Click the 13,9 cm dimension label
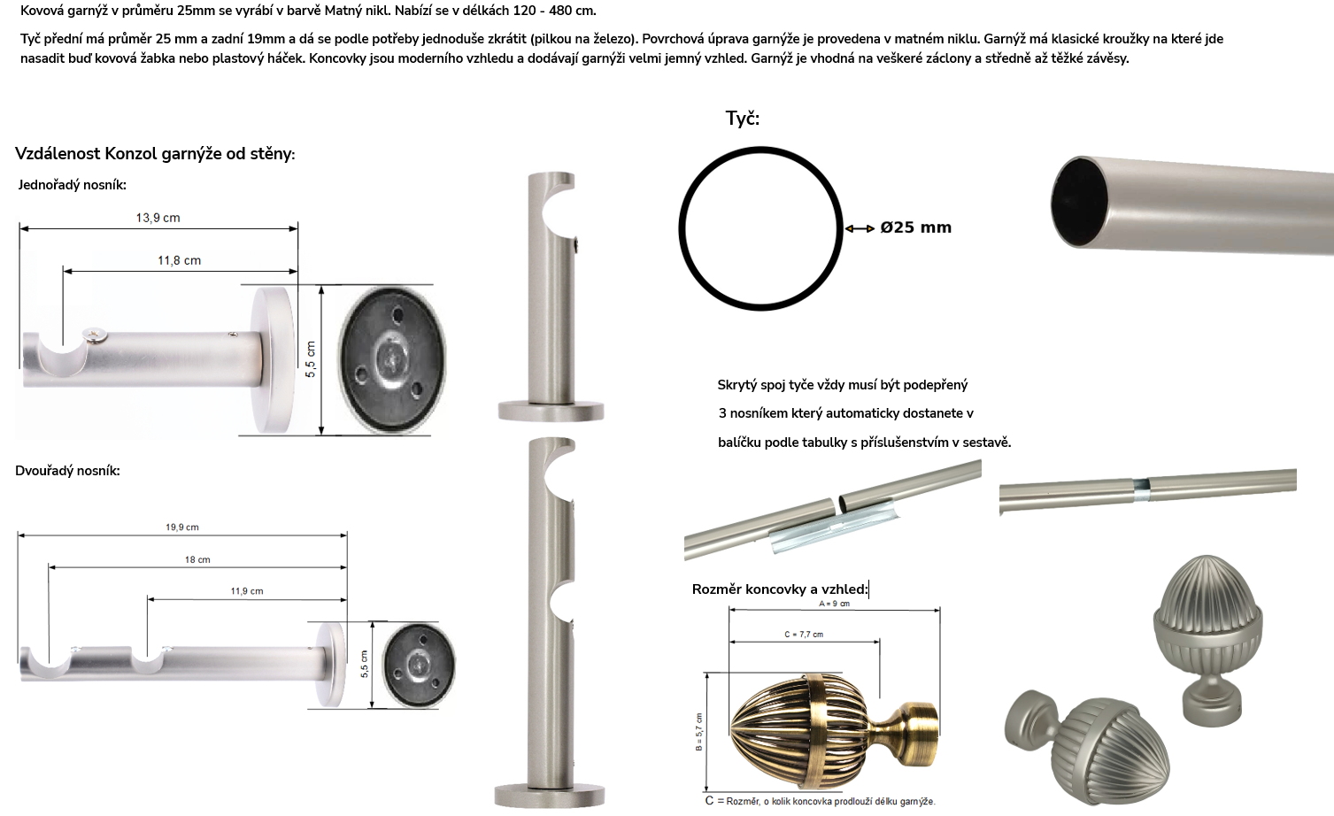(158, 218)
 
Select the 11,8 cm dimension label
(180, 260)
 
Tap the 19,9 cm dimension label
(182, 527)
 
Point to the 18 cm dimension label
(197, 559)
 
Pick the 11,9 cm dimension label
(247, 591)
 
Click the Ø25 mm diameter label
(916, 227)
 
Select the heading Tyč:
(742, 119)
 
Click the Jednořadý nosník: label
(72, 185)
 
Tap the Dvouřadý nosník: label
(67, 471)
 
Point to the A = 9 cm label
(835, 604)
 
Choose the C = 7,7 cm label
(804, 635)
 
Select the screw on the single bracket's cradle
(95, 335)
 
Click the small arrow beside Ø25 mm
(860, 228)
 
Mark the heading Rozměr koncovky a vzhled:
(780, 589)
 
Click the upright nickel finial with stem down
(1207, 639)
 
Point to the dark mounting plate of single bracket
(391, 359)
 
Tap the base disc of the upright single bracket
(551, 411)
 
